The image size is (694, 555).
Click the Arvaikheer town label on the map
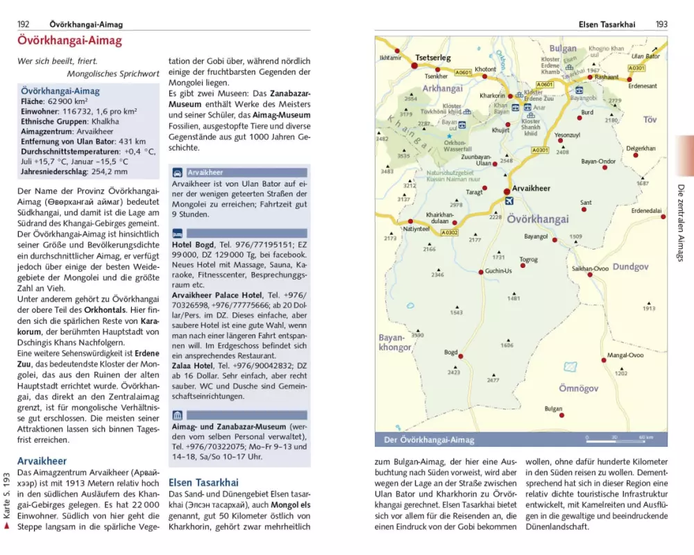[531, 189]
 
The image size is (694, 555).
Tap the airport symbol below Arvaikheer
[511, 201]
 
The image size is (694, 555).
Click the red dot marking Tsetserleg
[414, 65]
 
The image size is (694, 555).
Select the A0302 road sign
[449, 233]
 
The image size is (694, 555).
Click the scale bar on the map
[620, 438]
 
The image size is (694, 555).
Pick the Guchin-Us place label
[498, 271]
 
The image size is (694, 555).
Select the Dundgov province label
[630, 266]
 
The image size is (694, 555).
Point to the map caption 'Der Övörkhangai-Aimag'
[429, 440]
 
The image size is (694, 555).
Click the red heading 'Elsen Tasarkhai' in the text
[203, 482]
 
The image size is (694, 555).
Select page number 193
[661, 24]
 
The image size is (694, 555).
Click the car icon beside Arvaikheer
[178, 172]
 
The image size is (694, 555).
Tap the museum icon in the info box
[178, 416]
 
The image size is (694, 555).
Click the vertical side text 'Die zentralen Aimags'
[679, 222]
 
